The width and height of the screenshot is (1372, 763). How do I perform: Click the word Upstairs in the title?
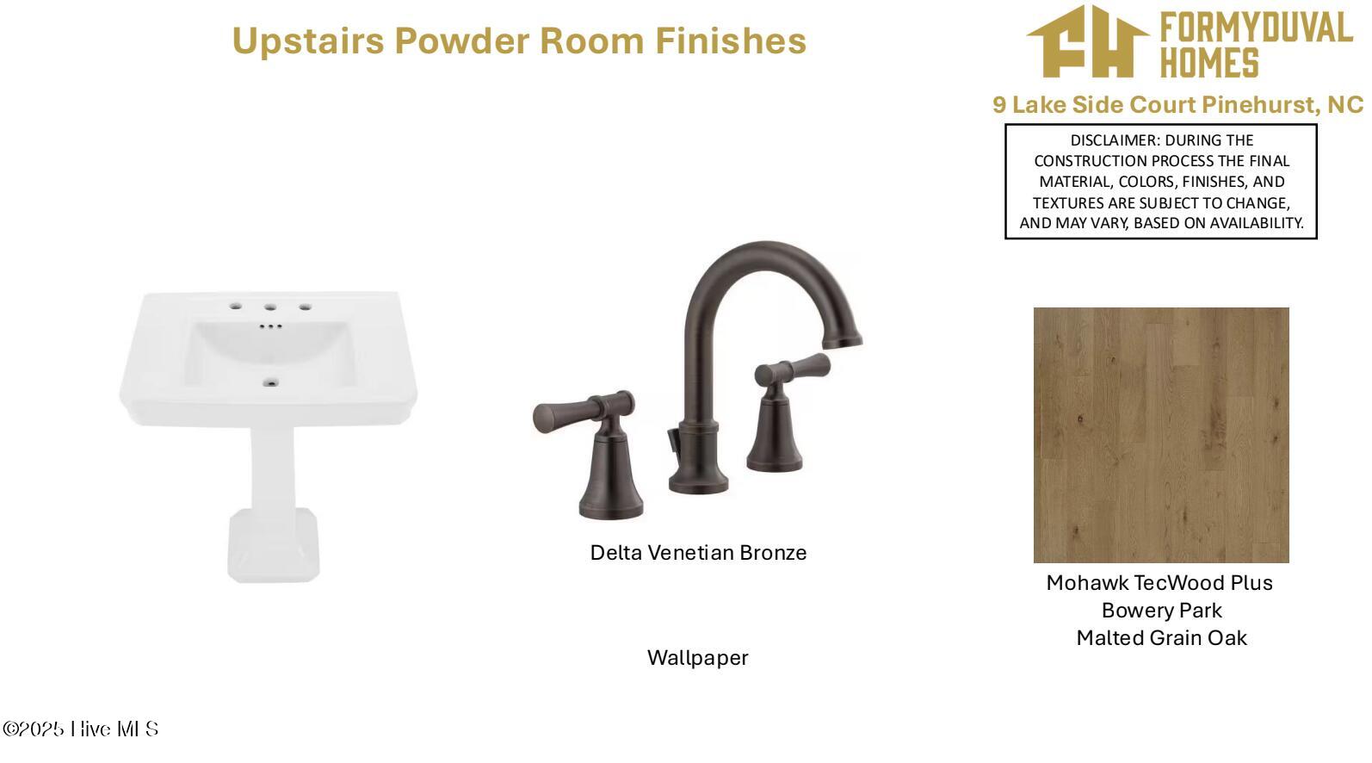tap(308, 41)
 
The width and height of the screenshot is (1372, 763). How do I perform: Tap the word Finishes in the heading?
tap(731, 40)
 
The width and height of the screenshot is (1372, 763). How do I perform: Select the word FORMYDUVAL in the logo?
tap(1257, 27)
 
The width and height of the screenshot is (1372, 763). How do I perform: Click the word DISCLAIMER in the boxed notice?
tap(1114, 140)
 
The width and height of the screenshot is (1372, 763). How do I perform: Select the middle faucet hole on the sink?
tap(270, 307)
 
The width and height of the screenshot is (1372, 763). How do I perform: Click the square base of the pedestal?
tap(273, 545)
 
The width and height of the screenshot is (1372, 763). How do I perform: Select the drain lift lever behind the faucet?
tap(674, 441)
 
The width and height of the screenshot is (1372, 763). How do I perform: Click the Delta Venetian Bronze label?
tap(698, 553)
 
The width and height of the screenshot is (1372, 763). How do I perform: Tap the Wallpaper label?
tap(698, 658)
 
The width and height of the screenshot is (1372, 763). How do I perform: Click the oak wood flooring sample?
tap(1161, 435)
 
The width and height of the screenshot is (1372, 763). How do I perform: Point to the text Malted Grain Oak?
tap(1162, 638)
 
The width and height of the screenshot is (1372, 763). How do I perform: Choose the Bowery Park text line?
tap(1161, 611)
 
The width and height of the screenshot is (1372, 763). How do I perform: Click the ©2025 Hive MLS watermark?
tap(81, 729)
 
